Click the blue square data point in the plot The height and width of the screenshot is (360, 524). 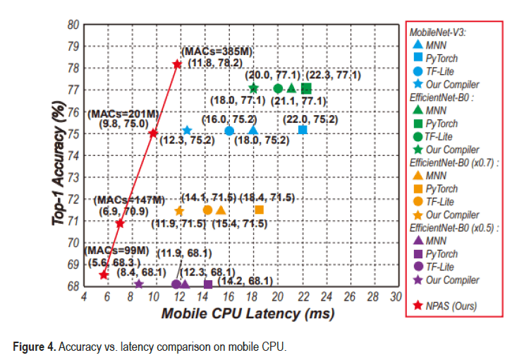(x=303, y=129)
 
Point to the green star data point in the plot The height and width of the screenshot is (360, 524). (x=254, y=88)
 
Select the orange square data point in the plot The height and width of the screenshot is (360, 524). (x=259, y=210)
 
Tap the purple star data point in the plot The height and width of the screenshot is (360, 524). (x=138, y=284)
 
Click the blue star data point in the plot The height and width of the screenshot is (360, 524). (x=187, y=131)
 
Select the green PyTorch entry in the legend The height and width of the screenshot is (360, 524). (x=443, y=123)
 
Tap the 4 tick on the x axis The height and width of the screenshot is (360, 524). (x=84, y=297)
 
